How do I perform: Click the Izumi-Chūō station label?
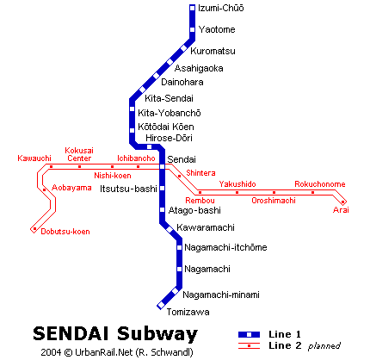tap(220, 8)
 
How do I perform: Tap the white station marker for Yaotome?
tap(193, 29)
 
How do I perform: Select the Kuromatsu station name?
tap(213, 51)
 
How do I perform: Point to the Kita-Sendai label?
tap(169, 98)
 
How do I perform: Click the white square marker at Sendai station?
tap(163, 166)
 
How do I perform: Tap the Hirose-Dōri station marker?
tap(149, 147)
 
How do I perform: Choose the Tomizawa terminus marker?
tap(161, 305)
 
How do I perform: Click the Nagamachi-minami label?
tap(221, 295)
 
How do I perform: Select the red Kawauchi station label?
tap(34, 158)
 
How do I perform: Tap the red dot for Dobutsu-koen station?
tap(34, 229)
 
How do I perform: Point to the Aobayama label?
tap(71, 188)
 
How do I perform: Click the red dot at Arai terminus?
tap(342, 202)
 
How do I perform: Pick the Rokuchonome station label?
tap(320, 184)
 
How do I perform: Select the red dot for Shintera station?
tap(179, 176)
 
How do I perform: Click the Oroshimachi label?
tap(274, 201)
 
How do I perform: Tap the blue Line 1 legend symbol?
tap(249, 334)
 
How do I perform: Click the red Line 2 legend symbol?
tap(249, 346)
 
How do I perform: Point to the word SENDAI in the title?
tap(71, 334)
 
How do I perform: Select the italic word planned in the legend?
tap(324, 346)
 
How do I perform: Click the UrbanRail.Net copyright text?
tap(117, 352)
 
